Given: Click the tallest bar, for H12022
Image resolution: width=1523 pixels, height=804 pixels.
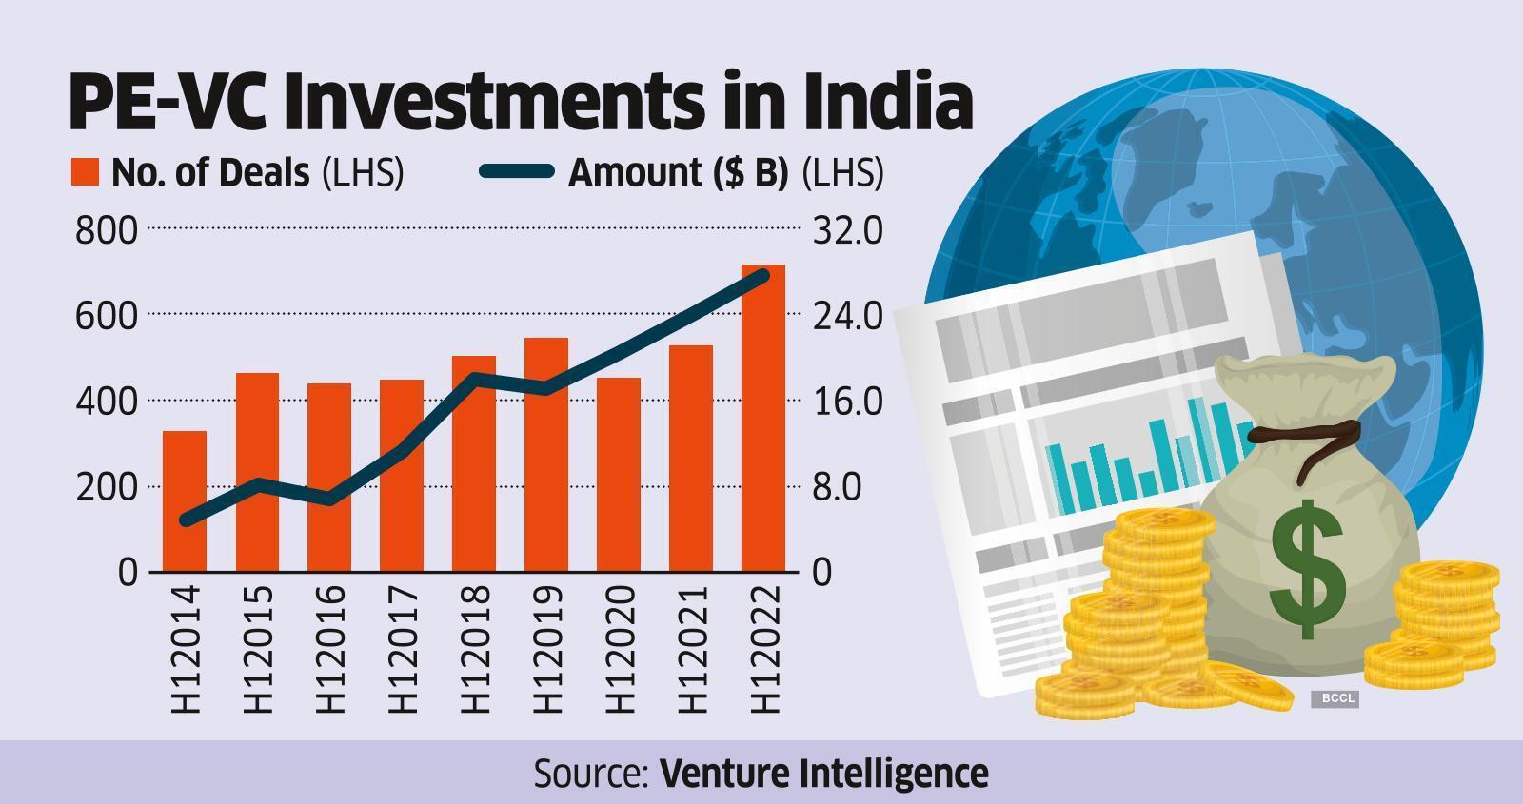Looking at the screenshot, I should coord(763,419).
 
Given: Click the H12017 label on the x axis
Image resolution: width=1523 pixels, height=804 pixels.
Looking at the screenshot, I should coord(403,649).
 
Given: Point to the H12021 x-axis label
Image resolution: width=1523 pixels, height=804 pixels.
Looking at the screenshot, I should coord(692,649).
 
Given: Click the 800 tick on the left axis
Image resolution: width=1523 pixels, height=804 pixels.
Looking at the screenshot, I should coord(106,230).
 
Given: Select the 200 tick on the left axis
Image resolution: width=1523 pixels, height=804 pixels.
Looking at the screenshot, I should coord(106,487).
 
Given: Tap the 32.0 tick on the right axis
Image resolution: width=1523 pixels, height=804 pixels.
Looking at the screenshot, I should coord(847,230).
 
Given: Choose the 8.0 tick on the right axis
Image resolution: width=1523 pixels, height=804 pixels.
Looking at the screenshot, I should coord(837,487).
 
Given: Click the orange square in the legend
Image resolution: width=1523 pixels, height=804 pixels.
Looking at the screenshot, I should coord(85,173).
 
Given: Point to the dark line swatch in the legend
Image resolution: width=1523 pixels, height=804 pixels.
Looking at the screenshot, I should coord(517,172).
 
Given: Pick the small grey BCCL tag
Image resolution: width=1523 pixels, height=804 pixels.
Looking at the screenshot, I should coord(1335,699).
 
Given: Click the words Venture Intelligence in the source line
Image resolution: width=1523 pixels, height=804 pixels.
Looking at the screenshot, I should coord(823,773).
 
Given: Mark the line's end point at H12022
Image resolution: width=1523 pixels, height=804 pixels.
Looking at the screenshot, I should coord(762,275).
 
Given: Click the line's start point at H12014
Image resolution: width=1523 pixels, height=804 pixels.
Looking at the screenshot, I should coord(185,520).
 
